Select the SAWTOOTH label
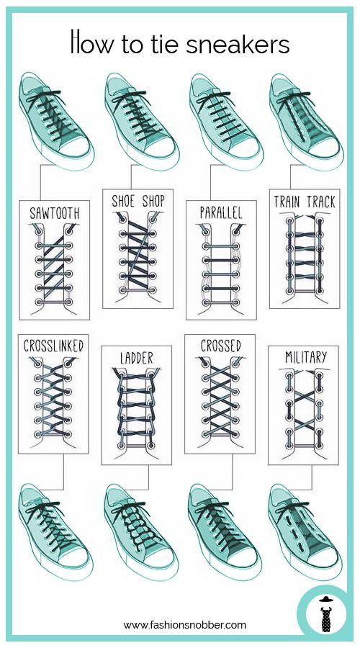tap(54, 213)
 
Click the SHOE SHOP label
tap(138, 202)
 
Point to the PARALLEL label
tap(221, 213)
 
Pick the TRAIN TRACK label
tap(305, 202)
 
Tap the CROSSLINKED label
tap(53, 346)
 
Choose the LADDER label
tap(136, 358)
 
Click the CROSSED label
tap(220, 346)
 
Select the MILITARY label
tap(306, 357)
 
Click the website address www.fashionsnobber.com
tap(185, 625)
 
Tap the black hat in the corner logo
tap(326, 599)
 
